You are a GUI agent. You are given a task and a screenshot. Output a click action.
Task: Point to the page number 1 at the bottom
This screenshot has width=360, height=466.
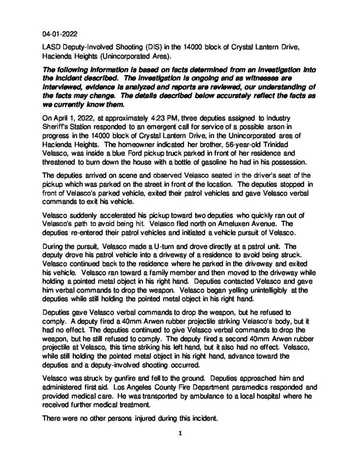pyautogui.click(x=180, y=433)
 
